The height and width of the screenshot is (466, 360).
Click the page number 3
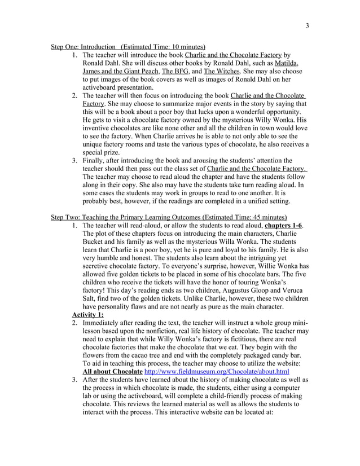(307, 25)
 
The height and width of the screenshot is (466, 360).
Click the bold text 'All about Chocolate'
(112, 372)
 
